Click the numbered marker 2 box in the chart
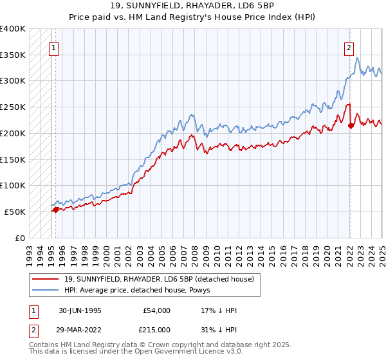click(349, 46)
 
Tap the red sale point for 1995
click(56, 209)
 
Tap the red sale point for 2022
click(351, 125)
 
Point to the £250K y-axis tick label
click(13, 107)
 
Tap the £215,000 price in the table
click(157, 329)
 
